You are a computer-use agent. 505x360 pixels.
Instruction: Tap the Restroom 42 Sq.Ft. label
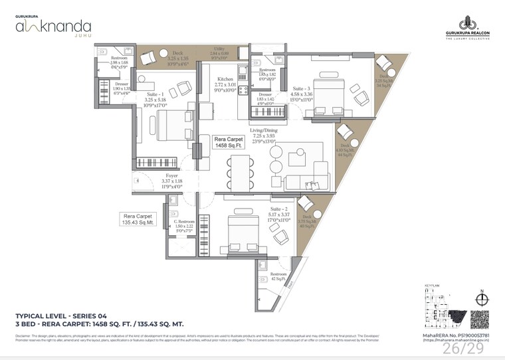point(278,276)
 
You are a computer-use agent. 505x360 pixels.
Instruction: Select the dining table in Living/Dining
point(240,169)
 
